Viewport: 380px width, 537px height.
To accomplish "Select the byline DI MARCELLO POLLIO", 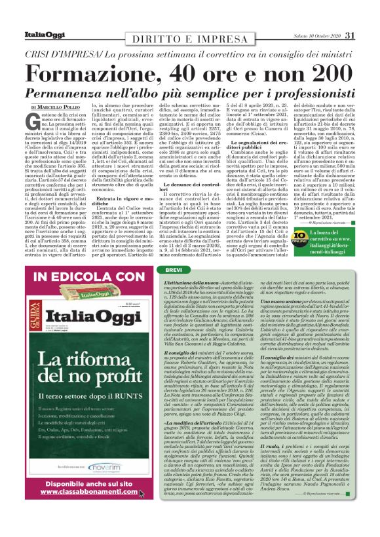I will click(55, 106).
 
